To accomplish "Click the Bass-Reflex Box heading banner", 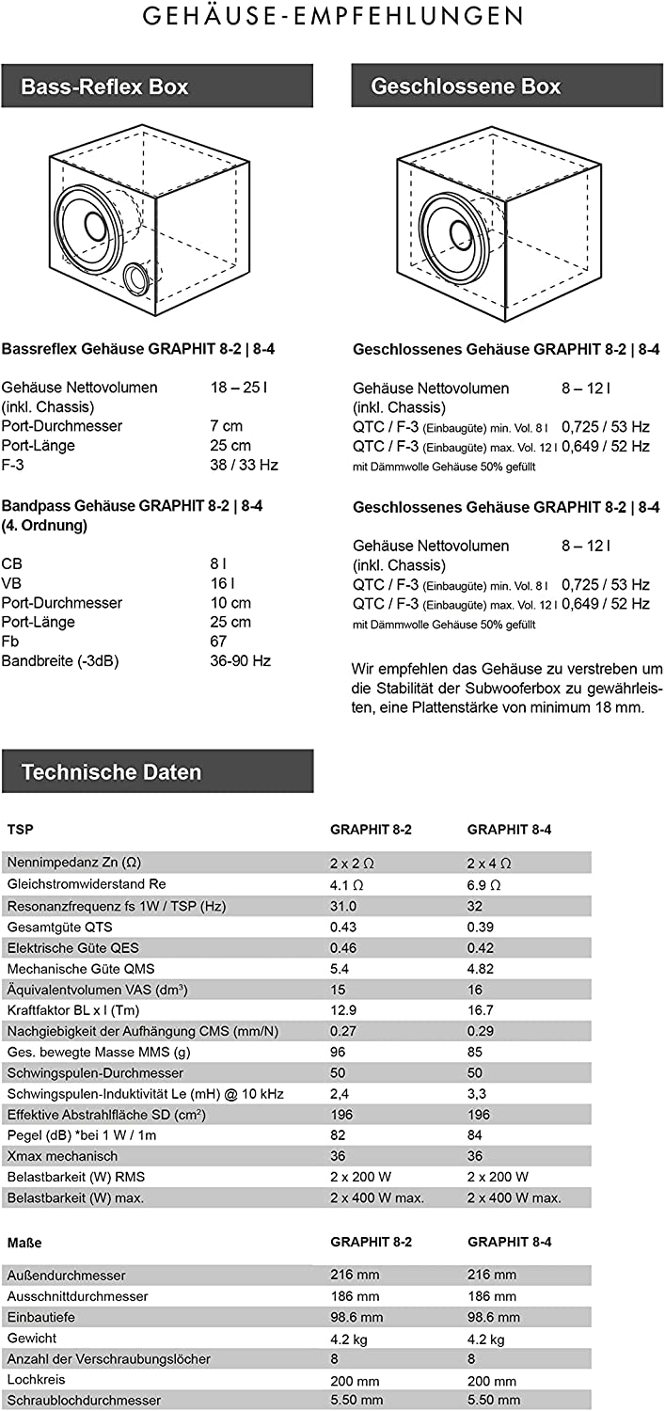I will click(156, 87).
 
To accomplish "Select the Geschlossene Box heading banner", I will click(508, 87).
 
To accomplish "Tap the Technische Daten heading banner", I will click(156, 771).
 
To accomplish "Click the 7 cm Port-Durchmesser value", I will click(226, 426).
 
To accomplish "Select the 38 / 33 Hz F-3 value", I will click(244, 465).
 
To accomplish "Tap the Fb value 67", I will click(218, 642).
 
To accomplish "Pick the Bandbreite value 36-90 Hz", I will click(240, 661).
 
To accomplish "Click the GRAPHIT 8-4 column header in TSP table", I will click(509, 830).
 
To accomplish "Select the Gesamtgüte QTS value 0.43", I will click(345, 927).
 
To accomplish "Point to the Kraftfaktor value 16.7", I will click(481, 1010).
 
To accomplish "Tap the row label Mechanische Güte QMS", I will click(81, 969).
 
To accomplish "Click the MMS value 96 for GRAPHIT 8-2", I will click(339, 1052).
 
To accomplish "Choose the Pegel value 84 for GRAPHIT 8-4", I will click(475, 1134).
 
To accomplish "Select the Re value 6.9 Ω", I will click(483, 885).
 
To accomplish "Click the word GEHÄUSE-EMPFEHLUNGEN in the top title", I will click(333, 16).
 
